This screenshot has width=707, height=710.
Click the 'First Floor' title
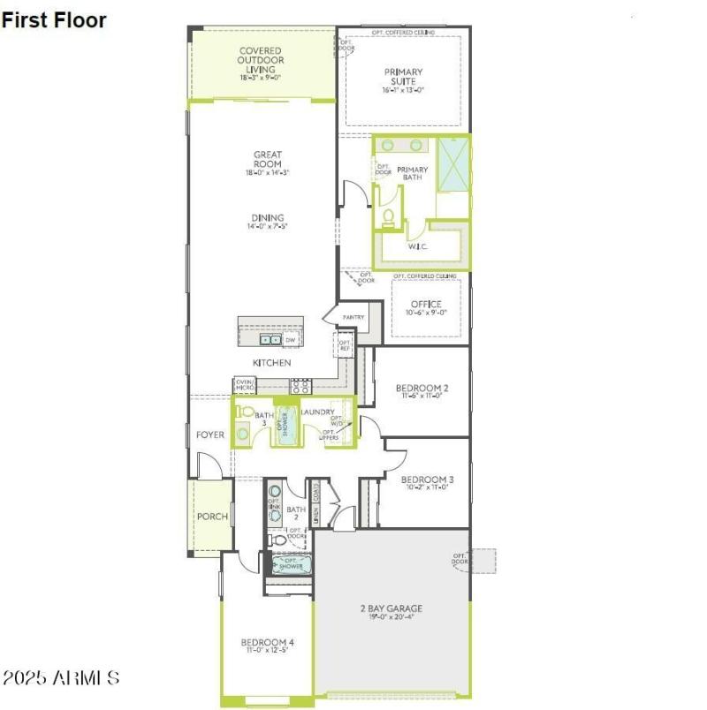54,19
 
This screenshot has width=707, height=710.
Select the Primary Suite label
403,77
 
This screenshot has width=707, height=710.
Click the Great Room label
267,160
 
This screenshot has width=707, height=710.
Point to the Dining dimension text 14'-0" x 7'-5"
267,227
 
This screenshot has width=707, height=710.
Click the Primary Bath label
412,173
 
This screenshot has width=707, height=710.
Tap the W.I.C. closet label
418,246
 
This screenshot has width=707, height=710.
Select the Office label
426,305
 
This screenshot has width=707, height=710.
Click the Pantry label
353,317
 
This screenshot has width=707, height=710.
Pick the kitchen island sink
270,339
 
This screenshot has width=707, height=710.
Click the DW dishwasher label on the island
290,339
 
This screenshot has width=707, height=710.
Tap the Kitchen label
271,363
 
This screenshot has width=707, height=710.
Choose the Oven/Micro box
245,386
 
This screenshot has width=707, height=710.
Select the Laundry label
316,412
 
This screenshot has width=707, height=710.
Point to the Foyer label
209,434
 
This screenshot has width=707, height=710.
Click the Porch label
211,517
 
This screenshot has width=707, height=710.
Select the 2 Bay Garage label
391,608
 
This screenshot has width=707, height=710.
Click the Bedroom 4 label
267,642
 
